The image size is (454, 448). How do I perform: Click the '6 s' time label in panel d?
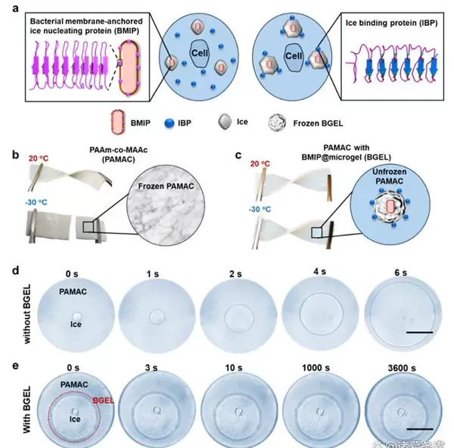397,272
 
